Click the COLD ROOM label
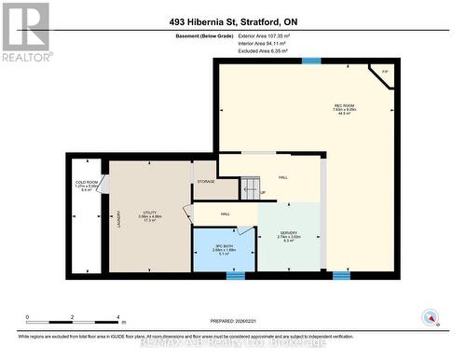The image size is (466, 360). tap(86, 186)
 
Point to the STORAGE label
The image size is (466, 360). tap(205, 181)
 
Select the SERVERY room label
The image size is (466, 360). tap(289, 238)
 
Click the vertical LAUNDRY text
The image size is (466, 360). tap(119, 219)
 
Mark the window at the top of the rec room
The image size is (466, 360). tap(310, 61)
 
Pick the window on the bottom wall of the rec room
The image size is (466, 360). tap(341, 274)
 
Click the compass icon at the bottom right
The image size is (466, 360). tap(430, 316)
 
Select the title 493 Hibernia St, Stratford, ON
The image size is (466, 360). tap(233, 21)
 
